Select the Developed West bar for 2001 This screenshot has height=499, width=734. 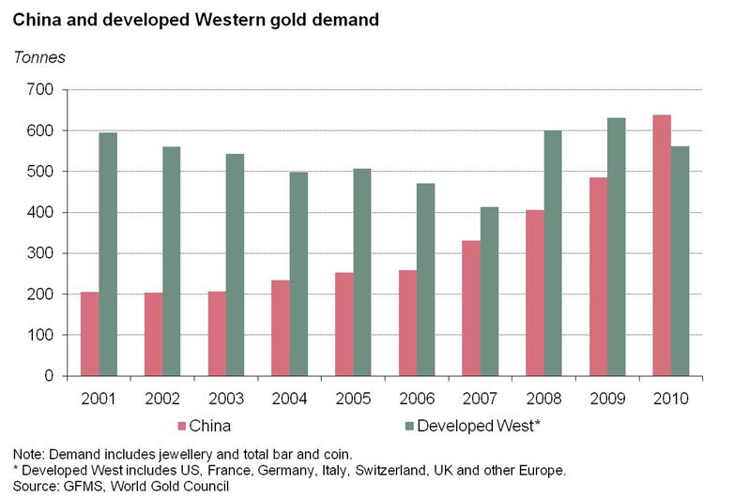(108, 254)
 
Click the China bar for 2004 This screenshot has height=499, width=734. (280, 328)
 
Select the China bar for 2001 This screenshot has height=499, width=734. (89, 334)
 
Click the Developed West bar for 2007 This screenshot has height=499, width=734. (489, 292)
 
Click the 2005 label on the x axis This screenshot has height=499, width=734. (353, 398)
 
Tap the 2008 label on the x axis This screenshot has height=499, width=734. (543, 398)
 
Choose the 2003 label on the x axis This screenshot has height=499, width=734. (226, 398)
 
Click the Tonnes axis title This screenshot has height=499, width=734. (39, 57)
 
